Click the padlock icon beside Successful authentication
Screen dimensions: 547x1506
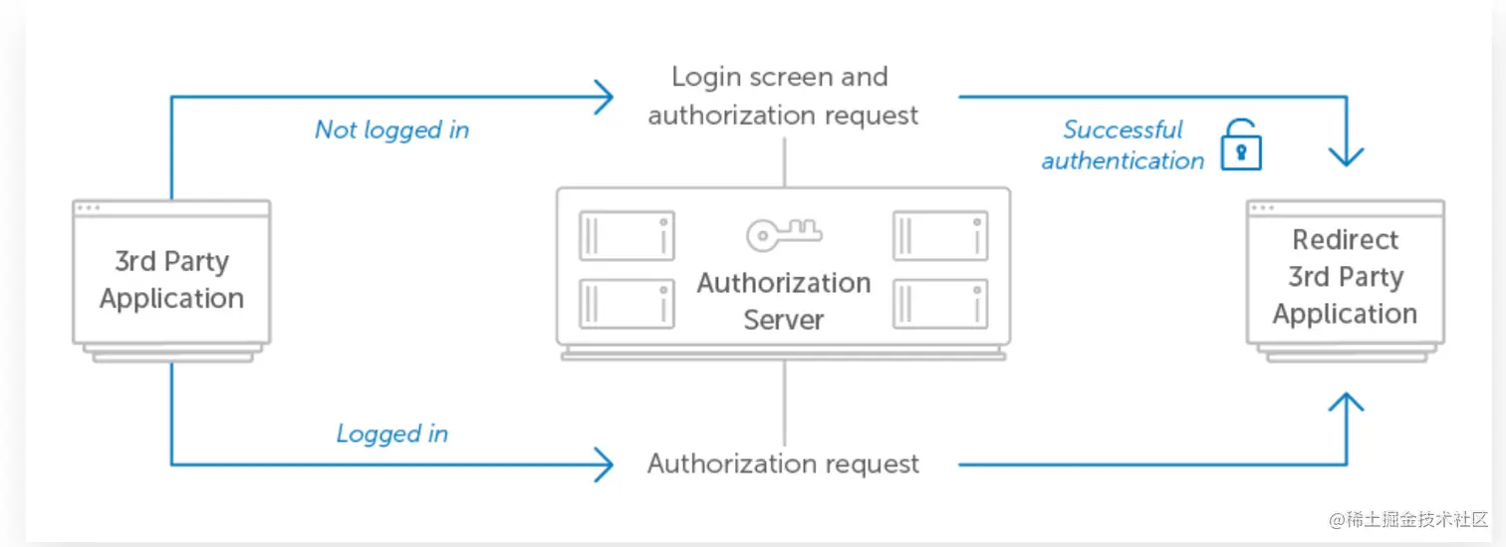click(x=1240, y=145)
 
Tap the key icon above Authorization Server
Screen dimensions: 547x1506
click(x=783, y=234)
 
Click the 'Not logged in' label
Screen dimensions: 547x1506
click(x=391, y=130)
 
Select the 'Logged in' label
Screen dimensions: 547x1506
click(x=391, y=433)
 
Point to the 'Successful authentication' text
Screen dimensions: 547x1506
click(x=1123, y=145)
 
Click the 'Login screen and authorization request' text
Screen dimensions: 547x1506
click(x=783, y=96)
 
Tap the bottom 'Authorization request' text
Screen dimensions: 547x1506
click(x=783, y=464)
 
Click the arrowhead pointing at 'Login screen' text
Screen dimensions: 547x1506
click(x=603, y=97)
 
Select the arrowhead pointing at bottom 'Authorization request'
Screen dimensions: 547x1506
click(x=603, y=464)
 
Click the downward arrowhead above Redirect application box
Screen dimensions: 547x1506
click(x=1346, y=154)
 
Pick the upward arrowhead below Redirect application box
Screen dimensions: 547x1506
click(x=1346, y=404)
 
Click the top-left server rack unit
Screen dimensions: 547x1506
click(x=627, y=236)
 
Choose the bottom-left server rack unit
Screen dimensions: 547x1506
click(x=627, y=303)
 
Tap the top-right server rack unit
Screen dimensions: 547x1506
click(x=940, y=236)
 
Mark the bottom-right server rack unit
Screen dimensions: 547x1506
click(x=940, y=303)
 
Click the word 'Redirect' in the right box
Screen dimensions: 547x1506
click(x=1345, y=240)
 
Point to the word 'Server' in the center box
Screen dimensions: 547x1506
click(x=783, y=320)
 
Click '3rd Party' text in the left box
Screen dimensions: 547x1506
click(x=171, y=262)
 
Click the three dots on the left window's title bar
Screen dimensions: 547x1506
click(x=89, y=208)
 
